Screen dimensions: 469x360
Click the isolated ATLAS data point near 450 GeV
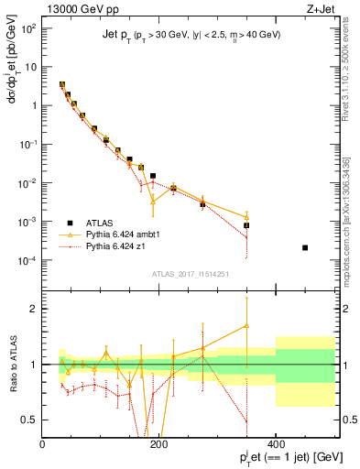pos(305,247)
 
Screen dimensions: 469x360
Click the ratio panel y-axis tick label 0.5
pos(30,420)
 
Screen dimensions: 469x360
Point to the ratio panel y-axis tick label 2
pos(34,309)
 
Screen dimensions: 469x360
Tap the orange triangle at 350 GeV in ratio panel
pos(246,325)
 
